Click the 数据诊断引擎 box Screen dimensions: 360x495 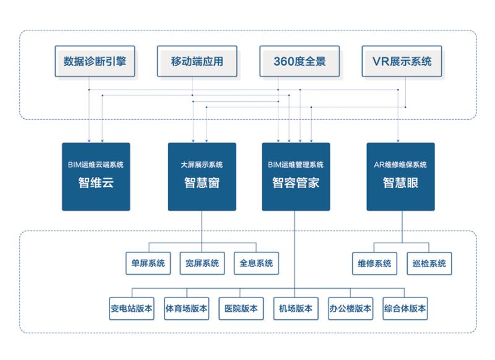point(95,61)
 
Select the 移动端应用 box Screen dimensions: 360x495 point(197,61)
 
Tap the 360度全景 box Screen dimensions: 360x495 point(299,61)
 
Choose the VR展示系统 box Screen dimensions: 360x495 point(402,61)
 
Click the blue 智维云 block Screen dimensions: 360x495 point(96,176)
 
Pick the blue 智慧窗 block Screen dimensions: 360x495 point(202,176)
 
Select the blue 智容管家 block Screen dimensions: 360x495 point(296,176)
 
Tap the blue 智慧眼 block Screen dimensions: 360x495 point(400,176)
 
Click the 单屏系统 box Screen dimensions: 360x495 point(148,263)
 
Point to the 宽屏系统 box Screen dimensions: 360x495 point(202,263)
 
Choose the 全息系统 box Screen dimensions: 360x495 point(256,263)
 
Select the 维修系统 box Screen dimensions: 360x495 point(374,263)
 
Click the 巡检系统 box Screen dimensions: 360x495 point(429,263)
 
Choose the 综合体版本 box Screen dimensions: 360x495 point(405,308)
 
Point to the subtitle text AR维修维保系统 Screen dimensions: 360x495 point(400,165)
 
